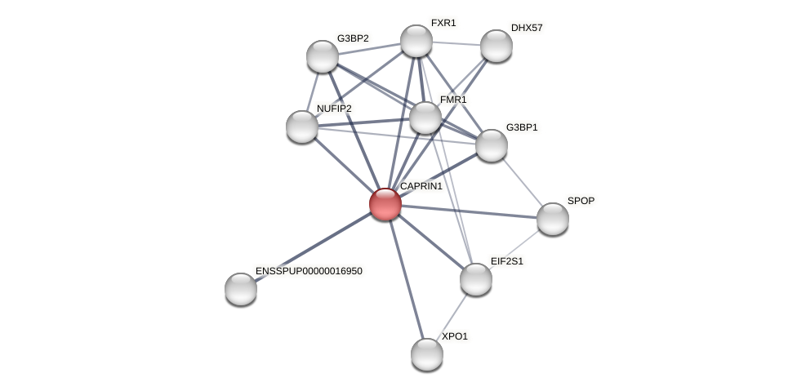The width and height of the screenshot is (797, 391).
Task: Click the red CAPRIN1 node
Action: pos(385,204)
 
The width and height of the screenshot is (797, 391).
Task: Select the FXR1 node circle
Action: pos(416,41)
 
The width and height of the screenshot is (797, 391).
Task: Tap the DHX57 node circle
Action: pos(496,46)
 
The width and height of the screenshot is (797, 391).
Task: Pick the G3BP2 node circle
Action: pos(322,56)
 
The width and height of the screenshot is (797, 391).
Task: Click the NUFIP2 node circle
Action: pos(301,127)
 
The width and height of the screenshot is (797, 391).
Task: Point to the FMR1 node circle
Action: pos(425,118)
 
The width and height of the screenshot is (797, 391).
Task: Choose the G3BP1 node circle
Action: pos(491,145)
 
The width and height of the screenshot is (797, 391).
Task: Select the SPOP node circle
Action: pos(552,219)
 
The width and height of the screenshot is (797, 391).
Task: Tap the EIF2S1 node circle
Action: pos(475,279)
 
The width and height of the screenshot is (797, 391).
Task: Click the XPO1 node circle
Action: pos(426,354)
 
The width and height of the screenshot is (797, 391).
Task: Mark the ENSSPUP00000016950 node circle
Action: pos(240,289)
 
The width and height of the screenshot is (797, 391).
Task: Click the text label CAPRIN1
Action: pos(421,186)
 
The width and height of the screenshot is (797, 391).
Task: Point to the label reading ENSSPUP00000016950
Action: pos(309,271)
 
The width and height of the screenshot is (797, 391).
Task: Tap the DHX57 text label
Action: pos(526,28)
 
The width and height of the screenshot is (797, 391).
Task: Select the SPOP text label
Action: pos(581,201)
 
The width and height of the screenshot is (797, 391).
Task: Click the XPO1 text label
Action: pos(454,336)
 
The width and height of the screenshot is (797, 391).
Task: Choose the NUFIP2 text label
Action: pos(334,109)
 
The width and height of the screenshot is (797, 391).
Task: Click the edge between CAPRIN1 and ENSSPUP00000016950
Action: pos(313,247)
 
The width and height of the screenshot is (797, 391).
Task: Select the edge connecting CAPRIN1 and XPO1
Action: pos(406,279)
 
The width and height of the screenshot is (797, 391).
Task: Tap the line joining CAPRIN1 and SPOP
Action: pos(469,211)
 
